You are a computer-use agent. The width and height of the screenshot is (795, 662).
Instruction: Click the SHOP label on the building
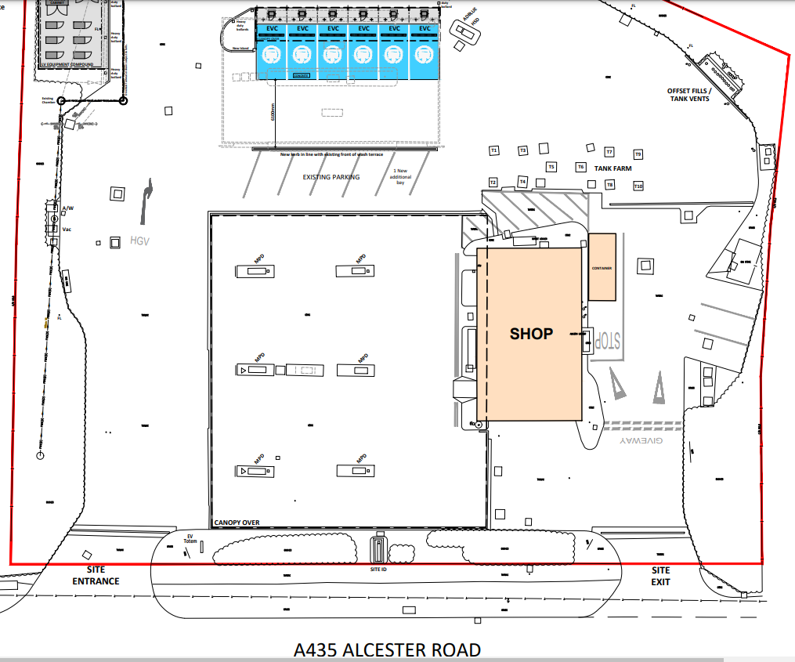[x=531, y=334]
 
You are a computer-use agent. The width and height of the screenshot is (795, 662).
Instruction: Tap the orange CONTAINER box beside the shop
[x=602, y=267]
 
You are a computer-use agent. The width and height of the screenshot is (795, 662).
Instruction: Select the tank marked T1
[x=494, y=150]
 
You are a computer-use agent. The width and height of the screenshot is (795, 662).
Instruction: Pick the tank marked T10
[x=638, y=186]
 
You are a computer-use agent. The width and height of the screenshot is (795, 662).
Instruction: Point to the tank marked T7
[x=609, y=152]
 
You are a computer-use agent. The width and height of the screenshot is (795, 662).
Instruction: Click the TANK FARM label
[x=612, y=168]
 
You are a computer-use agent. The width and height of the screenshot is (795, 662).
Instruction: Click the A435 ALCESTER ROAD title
[x=387, y=649]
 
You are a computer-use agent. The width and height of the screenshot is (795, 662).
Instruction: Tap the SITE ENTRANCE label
[x=96, y=576]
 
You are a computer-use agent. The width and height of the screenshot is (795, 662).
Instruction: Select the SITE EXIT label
[x=661, y=576]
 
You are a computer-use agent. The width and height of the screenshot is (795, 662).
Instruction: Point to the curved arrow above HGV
[x=146, y=201]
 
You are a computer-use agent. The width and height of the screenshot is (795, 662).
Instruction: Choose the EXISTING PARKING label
[x=331, y=178]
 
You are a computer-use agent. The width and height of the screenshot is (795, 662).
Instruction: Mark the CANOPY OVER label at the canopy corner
[x=237, y=523]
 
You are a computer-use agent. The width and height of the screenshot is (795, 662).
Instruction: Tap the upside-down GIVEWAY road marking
[x=641, y=442]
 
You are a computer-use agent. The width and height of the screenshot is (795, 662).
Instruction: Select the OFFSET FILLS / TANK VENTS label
[x=688, y=95]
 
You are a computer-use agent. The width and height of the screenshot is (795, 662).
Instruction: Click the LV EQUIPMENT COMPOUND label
[x=67, y=63]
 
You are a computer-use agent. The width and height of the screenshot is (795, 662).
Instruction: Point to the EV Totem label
[x=189, y=538]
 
